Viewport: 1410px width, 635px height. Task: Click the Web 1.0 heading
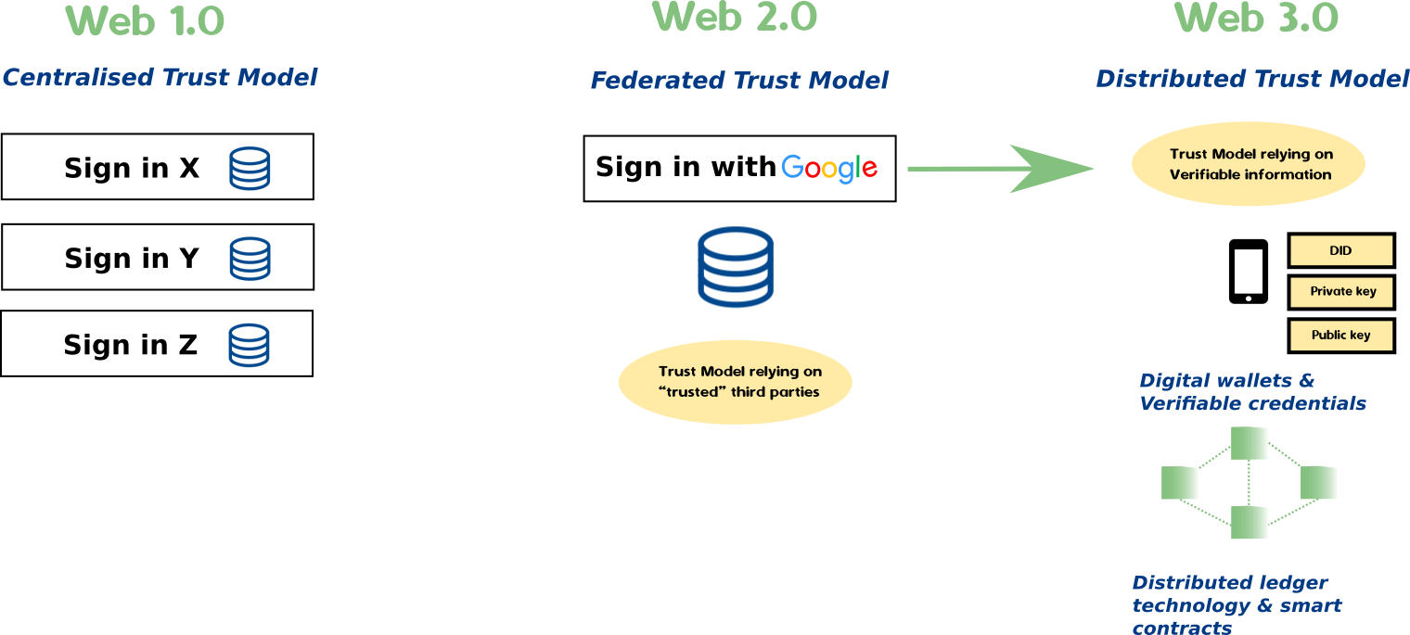pyautogui.click(x=147, y=21)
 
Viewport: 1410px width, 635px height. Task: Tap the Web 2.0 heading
pyautogui.click(x=735, y=17)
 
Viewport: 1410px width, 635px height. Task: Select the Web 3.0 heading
pyautogui.click(x=1257, y=18)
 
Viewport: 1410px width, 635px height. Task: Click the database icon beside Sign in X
pyautogui.click(x=250, y=169)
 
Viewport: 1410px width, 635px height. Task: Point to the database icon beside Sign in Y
pyautogui.click(x=250, y=259)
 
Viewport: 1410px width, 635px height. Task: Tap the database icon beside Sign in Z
pyautogui.click(x=249, y=345)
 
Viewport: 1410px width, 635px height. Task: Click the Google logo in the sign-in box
pyautogui.click(x=829, y=168)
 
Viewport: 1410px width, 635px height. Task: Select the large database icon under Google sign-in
pyautogui.click(x=735, y=267)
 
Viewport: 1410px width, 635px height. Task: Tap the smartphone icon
pyautogui.click(x=1248, y=272)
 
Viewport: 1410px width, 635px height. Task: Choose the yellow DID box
pyautogui.click(x=1341, y=250)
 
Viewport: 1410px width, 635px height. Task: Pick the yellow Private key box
pyautogui.click(x=1341, y=292)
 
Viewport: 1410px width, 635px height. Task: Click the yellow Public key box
pyautogui.click(x=1341, y=336)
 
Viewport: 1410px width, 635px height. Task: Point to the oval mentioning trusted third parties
pyautogui.click(x=735, y=382)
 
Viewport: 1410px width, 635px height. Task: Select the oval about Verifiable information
pyautogui.click(x=1249, y=164)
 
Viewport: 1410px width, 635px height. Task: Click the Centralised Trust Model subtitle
pyautogui.click(x=160, y=77)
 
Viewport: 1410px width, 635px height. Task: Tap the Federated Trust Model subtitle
pyautogui.click(x=739, y=81)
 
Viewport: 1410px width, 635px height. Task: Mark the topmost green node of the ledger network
pyautogui.click(x=1249, y=443)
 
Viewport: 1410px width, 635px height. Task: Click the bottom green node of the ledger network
pyautogui.click(x=1249, y=522)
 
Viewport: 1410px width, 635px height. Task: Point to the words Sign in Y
pyautogui.click(x=132, y=259)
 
